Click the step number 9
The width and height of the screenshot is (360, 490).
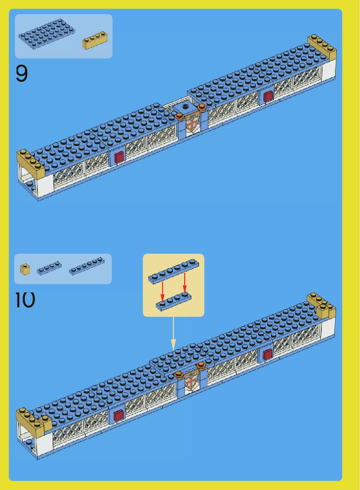pyautogui.click(x=22, y=74)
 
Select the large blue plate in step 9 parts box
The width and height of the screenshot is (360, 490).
pyautogui.click(x=47, y=34)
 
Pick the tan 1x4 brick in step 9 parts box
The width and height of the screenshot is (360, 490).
pyautogui.click(x=95, y=41)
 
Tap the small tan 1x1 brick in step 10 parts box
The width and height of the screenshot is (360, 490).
pyautogui.click(x=25, y=269)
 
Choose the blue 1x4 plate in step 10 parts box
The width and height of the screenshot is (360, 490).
pyautogui.click(x=49, y=268)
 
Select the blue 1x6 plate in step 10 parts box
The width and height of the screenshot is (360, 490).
pyautogui.click(x=87, y=266)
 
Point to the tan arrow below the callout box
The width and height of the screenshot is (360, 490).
pyautogui.click(x=173, y=334)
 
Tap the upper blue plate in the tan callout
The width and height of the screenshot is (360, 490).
pyautogui.click(x=174, y=272)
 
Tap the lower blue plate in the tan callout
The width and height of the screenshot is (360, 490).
pyautogui.click(x=174, y=301)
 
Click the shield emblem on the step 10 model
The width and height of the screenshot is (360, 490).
pyautogui.click(x=191, y=380)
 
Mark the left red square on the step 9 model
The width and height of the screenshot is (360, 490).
pyautogui.click(x=119, y=157)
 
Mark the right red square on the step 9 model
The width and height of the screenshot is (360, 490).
pyautogui.click(x=268, y=96)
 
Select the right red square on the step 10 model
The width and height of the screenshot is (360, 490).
pyautogui.click(x=268, y=354)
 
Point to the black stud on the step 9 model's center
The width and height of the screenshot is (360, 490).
pyautogui.click(x=186, y=107)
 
